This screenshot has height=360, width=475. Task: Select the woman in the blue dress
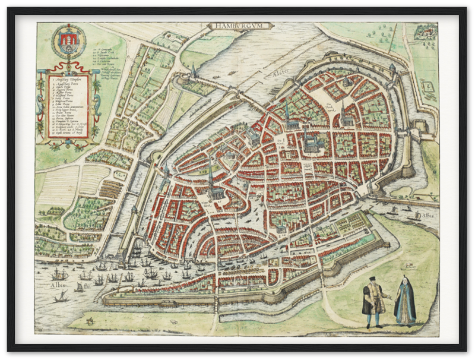point(406,303)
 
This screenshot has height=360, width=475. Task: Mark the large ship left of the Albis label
point(58,274)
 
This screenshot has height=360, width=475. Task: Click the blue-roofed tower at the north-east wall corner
point(392,68)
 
